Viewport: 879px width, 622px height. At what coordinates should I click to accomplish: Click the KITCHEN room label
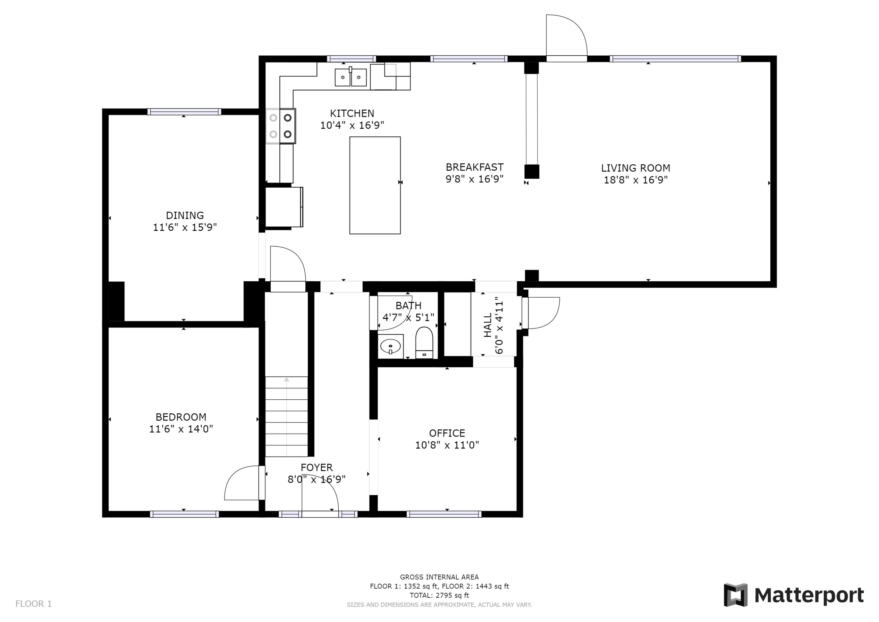[x=352, y=113]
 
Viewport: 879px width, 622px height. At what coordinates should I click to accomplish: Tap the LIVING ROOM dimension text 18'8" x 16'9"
[x=636, y=180]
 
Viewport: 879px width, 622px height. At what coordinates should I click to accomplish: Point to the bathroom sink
[x=390, y=347]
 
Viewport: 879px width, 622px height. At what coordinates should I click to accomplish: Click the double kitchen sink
[x=351, y=77]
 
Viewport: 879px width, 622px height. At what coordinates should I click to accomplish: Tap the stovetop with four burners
[x=281, y=126]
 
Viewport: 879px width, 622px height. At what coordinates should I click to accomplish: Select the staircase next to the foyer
[x=286, y=417]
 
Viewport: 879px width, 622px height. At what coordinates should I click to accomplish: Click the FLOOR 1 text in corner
[x=33, y=604]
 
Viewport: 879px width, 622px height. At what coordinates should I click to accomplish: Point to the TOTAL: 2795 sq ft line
[x=439, y=595]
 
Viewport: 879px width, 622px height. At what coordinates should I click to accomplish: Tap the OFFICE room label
[x=447, y=433]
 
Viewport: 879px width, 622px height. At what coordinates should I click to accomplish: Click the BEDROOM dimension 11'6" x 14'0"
[x=181, y=429]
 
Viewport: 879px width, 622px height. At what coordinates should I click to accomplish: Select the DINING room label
[x=185, y=215]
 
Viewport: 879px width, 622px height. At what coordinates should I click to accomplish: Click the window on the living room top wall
[x=675, y=59]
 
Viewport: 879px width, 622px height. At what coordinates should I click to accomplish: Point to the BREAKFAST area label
[x=474, y=167]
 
